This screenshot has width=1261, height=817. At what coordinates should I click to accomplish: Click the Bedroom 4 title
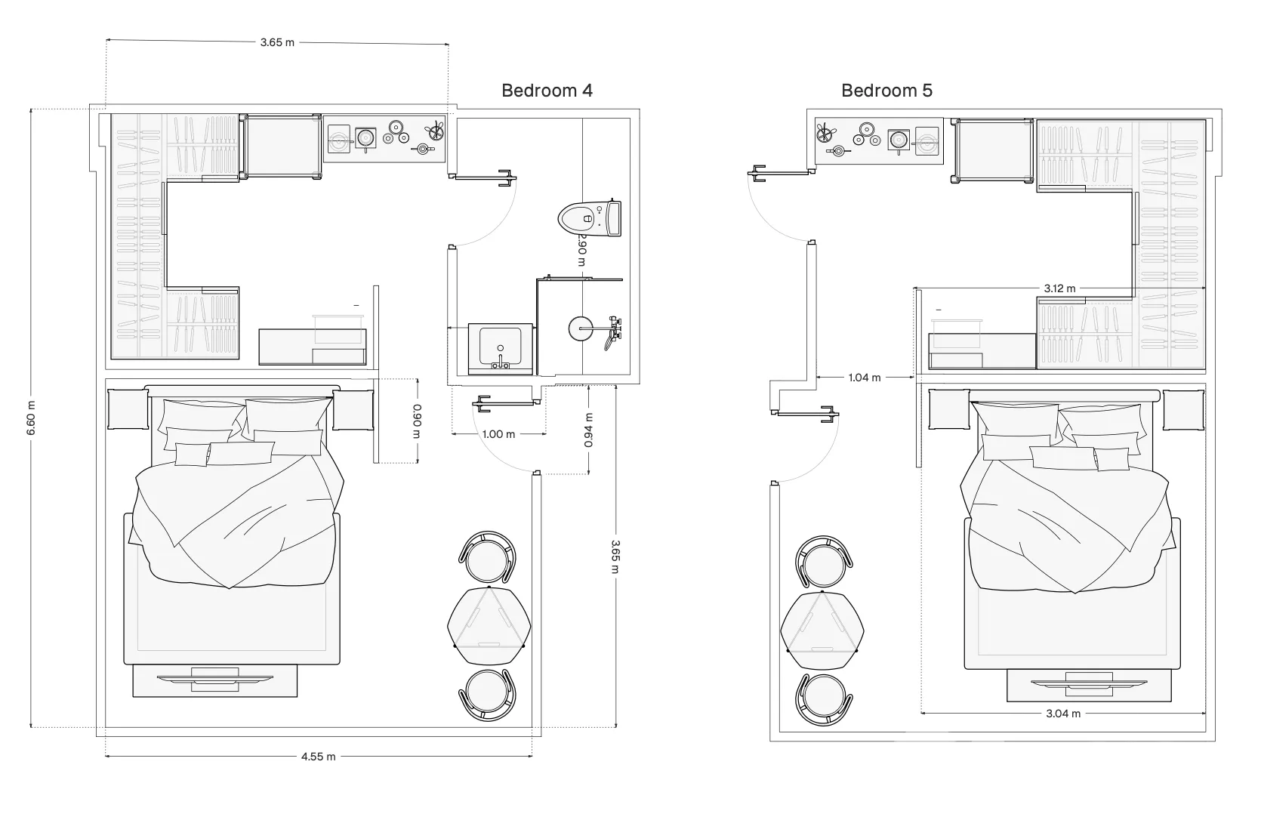click(x=547, y=91)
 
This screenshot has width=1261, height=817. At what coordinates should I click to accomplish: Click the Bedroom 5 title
click(x=886, y=91)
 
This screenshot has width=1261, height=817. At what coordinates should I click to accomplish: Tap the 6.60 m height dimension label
click(x=31, y=418)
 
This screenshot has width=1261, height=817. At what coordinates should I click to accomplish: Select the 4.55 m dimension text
click(x=318, y=756)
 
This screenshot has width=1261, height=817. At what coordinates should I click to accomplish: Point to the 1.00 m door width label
click(x=498, y=434)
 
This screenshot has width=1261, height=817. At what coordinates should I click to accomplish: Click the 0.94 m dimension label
click(x=588, y=430)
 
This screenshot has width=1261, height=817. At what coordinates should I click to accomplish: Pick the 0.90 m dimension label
click(x=418, y=421)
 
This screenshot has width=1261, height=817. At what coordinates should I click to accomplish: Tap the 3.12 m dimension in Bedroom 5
click(x=1059, y=288)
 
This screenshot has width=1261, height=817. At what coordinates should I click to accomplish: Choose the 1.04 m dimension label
click(x=865, y=378)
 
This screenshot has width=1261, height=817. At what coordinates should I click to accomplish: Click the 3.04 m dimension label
click(x=1063, y=714)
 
